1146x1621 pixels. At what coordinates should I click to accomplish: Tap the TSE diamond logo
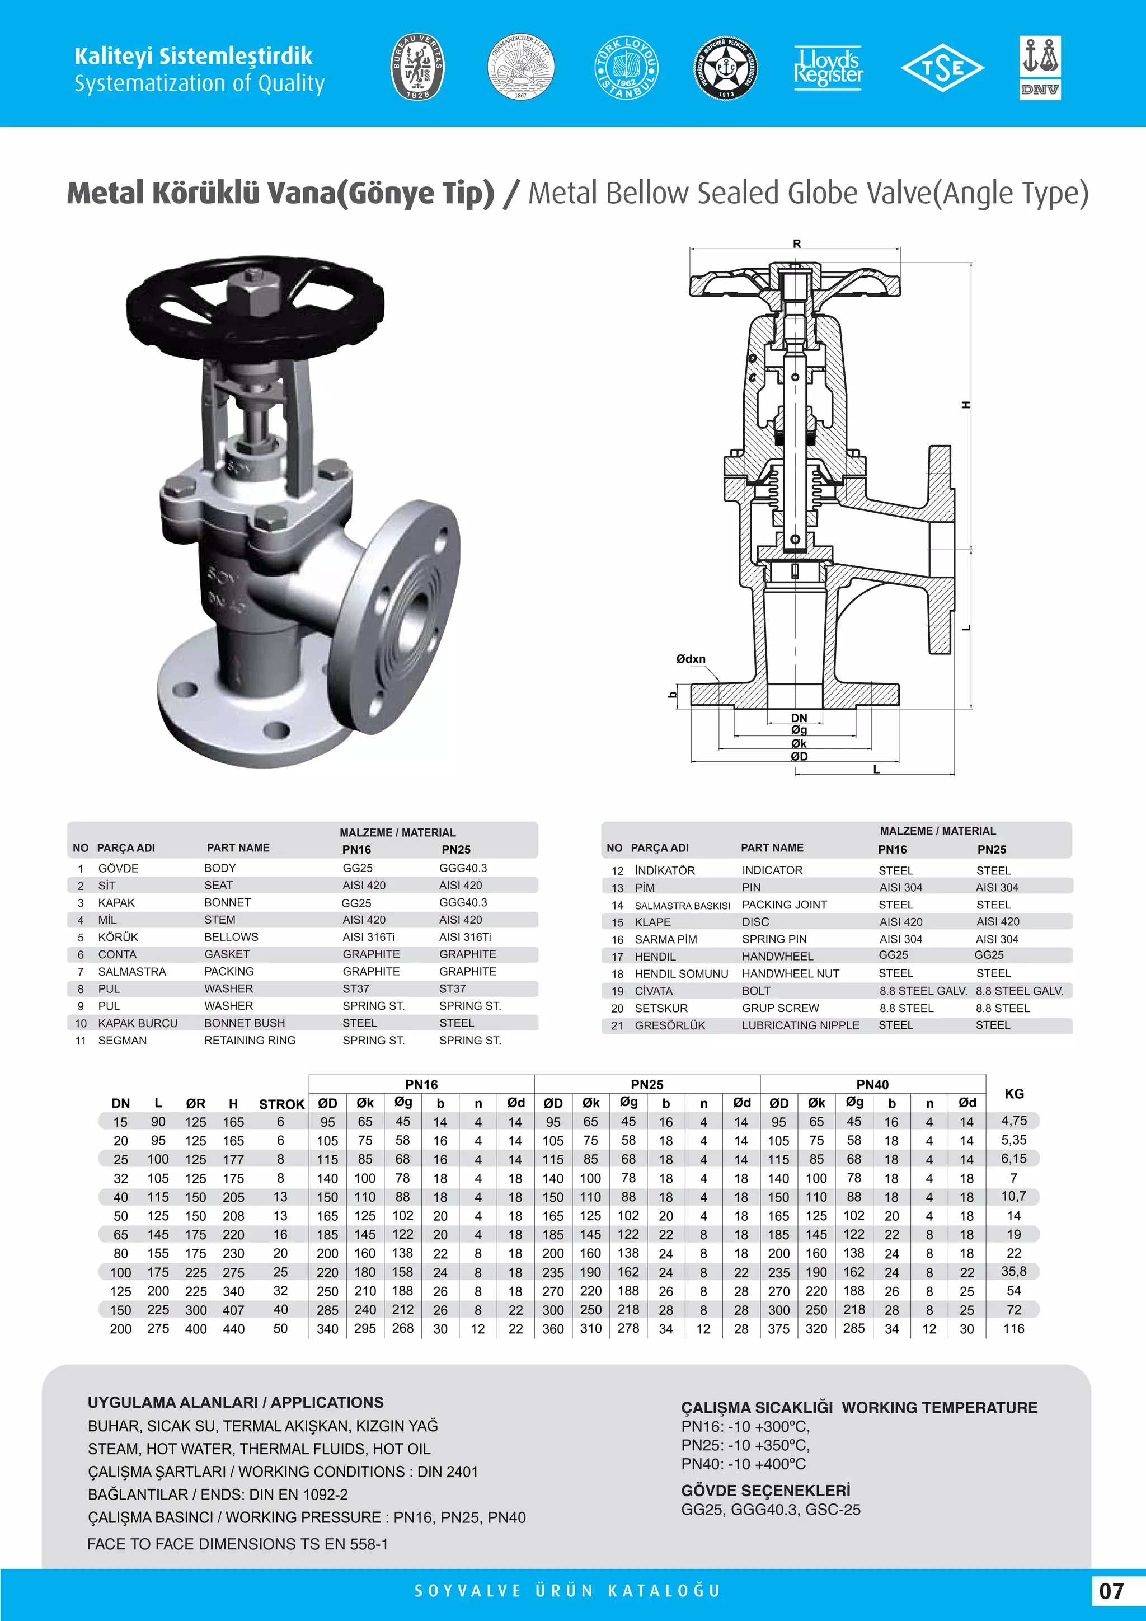(x=942, y=68)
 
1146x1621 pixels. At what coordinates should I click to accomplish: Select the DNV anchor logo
(x=1040, y=67)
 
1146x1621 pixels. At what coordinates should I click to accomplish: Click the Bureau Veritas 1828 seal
(x=418, y=67)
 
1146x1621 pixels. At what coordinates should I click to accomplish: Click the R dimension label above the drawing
(x=797, y=243)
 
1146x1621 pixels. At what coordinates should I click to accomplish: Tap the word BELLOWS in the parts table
(x=232, y=937)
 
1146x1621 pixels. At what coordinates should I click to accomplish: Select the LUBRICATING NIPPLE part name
(x=800, y=1025)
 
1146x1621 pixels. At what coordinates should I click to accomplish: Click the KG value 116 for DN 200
(x=1013, y=1328)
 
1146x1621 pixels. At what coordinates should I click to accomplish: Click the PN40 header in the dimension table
(x=872, y=1084)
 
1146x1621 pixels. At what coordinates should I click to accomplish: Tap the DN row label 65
(x=121, y=1234)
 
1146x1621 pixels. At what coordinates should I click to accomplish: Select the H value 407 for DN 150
(x=233, y=1310)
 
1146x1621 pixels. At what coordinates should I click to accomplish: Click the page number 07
(x=1111, y=1591)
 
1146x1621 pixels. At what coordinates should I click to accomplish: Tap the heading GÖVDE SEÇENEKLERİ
(x=765, y=1491)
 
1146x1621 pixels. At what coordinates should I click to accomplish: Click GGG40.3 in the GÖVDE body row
(x=463, y=868)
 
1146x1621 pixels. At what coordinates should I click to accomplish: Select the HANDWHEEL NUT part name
(x=790, y=973)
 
